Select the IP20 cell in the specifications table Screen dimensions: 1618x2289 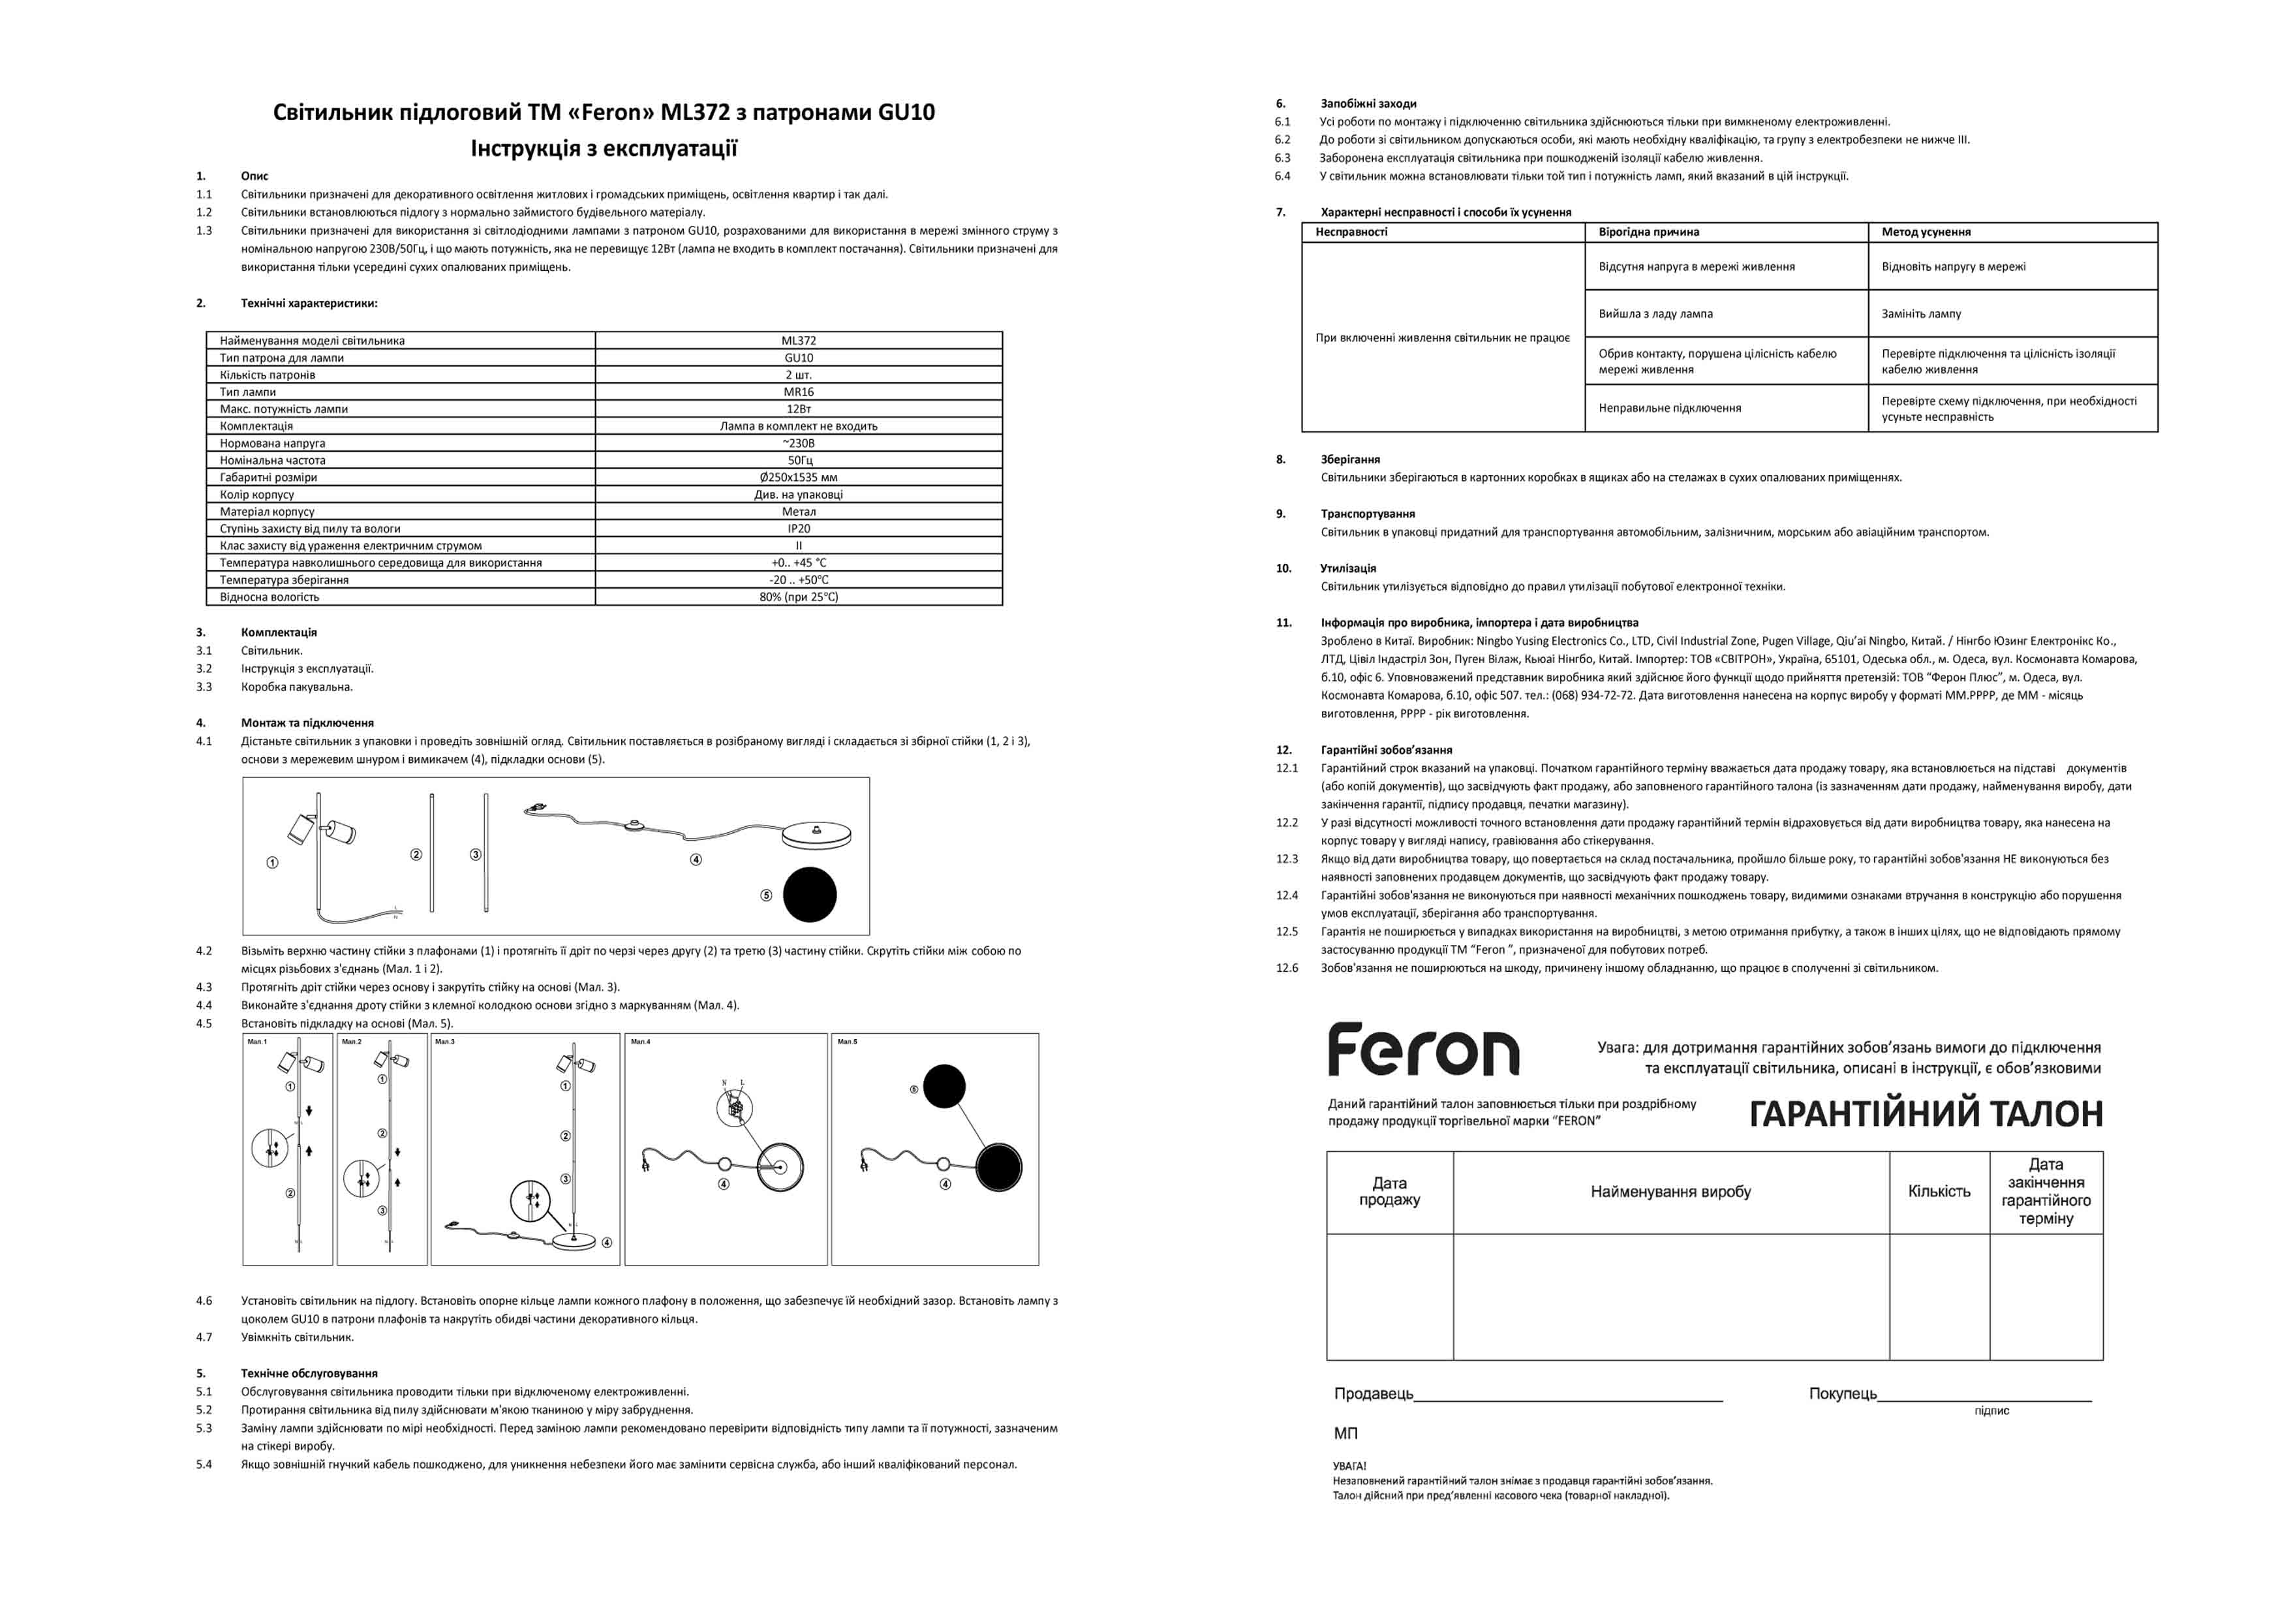pyautogui.click(x=799, y=529)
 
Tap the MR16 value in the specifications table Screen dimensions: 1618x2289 pyautogui.click(x=799, y=392)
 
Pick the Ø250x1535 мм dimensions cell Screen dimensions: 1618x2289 pyautogui.click(x=799, y=478)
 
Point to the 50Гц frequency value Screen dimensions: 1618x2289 pyautogui.click(x=799, y=461)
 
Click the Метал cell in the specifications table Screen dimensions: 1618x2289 pyautogui.click(x=799, y=512)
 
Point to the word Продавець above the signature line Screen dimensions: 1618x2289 pyautogui.click(x=1373, y=1393)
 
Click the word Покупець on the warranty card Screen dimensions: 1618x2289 pyautogui.click(x=1843, y=1393)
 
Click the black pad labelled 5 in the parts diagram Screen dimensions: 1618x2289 pyautogui.click(x=810, y=894)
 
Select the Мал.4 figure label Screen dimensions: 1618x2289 pyautogui.click(x=640, y=1042)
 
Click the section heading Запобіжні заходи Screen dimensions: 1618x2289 pyautogui.click(x=1368, y=104)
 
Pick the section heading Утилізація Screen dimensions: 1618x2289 pyautogui.click(x=1348, y=568)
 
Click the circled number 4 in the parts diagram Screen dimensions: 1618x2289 pyautogui.click(x=696, y=860)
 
